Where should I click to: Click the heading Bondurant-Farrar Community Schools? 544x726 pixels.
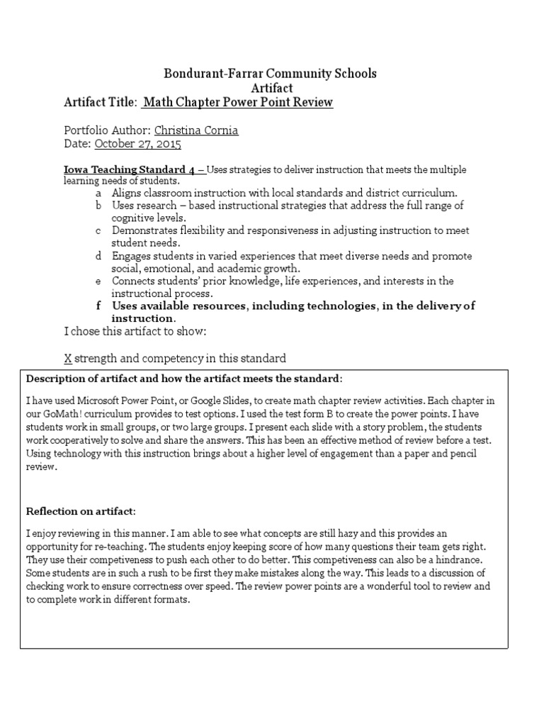(x=271, y=73)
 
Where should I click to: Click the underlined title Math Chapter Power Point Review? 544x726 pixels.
(x=238, y=103)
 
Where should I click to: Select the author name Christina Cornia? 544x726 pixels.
(x=197, y=130)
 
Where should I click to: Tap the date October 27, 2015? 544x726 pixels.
(x=137, y=144)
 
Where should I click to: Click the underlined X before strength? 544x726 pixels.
(x=68, y=358)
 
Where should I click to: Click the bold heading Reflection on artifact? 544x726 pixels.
(x=81, y=511)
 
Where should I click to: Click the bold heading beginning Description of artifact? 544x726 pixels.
(x=183, y=377)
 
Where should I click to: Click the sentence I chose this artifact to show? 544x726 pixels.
(x=135, y=332)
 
